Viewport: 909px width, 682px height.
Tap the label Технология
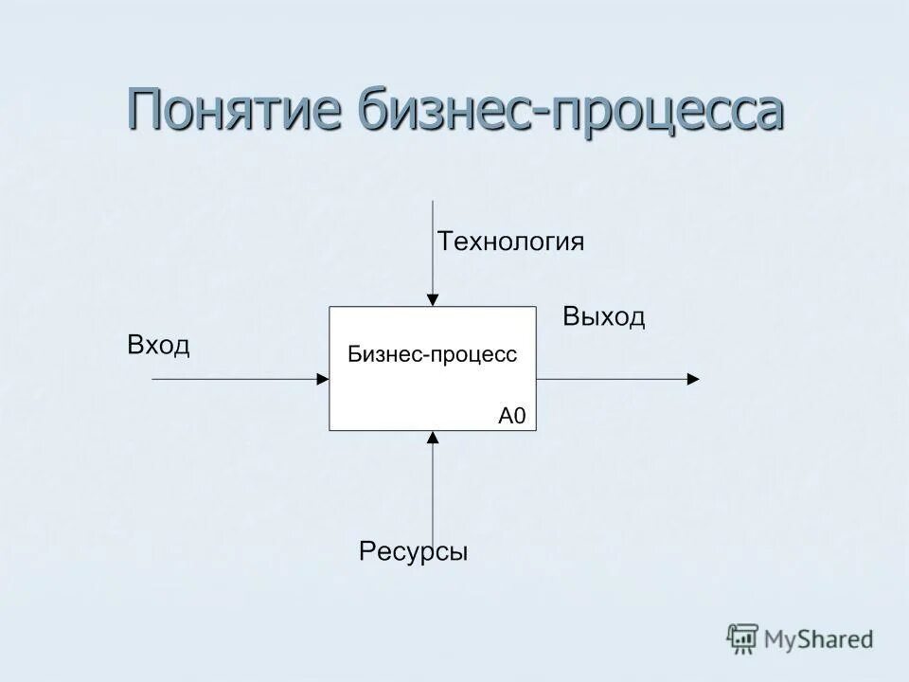click(510, 241)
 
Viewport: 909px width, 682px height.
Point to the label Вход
click(158, 346)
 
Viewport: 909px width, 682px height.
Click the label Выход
click(604, 316)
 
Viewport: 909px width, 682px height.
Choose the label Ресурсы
click(414, 551)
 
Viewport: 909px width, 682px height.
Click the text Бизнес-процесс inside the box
click(432, 354)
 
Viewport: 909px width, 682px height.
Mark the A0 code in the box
click(511, 415)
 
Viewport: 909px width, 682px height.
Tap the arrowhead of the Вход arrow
click(322, 379)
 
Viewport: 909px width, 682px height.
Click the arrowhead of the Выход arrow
click(693, 379)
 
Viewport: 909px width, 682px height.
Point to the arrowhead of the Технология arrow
click(433, 300)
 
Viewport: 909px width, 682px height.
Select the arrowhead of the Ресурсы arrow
click(433, 438)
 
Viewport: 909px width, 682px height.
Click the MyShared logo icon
click(743, 639)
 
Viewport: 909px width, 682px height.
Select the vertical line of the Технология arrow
click(433, 246)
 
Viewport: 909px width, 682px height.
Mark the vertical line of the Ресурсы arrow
click(433, 493)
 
